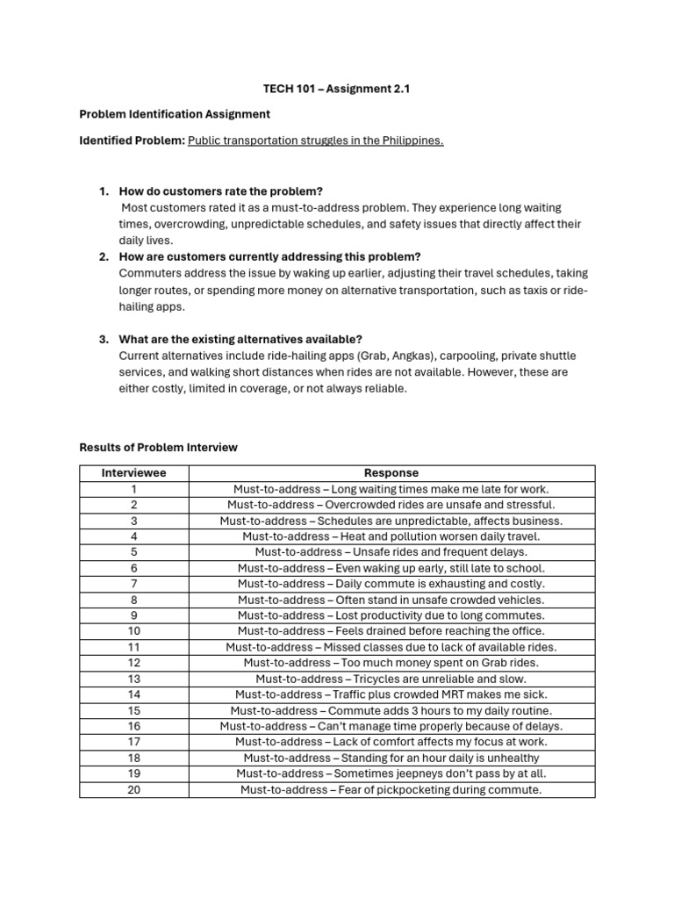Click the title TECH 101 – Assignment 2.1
click(336, 88)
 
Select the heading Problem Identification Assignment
click(175, 114)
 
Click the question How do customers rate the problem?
click(221, 191)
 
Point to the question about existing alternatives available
click(240, 340)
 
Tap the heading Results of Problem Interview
click(158, 447)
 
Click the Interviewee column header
click(133, 472)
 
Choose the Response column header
click(391, 472)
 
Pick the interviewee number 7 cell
click(133, 584)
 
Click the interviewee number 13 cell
click(133, 679)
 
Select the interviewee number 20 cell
click(133, 789)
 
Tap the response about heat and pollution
click(391, 536)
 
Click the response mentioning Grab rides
click(391, 663)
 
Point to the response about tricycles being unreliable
click(391, 679)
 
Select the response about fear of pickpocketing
click(391, 789)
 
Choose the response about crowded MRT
click(391, 694)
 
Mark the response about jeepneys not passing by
click(391, 773)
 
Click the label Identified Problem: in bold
click(132, 140)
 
